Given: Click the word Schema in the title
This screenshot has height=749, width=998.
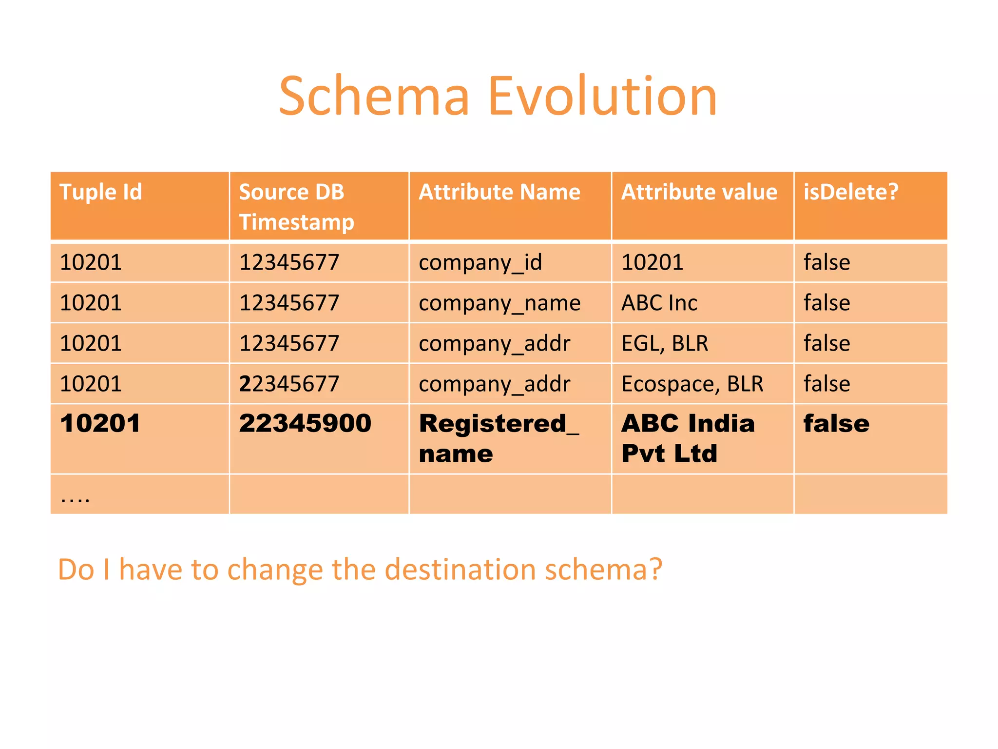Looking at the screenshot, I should [x=374, y=97].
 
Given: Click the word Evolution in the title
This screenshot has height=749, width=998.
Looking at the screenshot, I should [x=602, y=97].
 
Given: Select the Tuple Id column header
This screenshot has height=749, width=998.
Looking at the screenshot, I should [x=100, y=192].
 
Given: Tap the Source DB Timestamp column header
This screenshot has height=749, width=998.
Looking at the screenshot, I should [x=296, y=207].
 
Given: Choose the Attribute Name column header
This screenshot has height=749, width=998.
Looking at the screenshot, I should [x=499, y=192].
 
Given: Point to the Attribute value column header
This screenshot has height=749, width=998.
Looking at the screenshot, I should [x=699, y=192].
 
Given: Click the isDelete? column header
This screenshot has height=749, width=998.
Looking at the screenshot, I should [x=850, y=192].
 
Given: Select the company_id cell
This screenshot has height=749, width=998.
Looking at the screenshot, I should [x=480, y=263].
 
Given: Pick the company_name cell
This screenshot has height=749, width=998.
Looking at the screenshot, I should [x=499, y=303].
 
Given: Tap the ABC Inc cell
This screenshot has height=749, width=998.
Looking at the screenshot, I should [x=659, y=303].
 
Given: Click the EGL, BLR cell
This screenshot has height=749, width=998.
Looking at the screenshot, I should [x=665, y=343].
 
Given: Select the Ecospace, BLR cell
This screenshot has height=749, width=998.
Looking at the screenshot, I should [x=692, y=384].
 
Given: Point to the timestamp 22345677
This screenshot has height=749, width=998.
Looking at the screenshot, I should [x=289, y=384].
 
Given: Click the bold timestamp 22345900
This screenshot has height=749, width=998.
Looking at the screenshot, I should [x=305, y=423].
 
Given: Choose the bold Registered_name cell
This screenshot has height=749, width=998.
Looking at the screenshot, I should [x=499, y=438].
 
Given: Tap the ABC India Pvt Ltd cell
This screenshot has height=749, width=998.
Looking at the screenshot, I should [x=688, y=438].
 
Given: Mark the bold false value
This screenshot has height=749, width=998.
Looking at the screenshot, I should [x=836, y=423].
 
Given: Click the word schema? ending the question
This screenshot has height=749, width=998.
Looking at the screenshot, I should [x=603, y=569].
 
